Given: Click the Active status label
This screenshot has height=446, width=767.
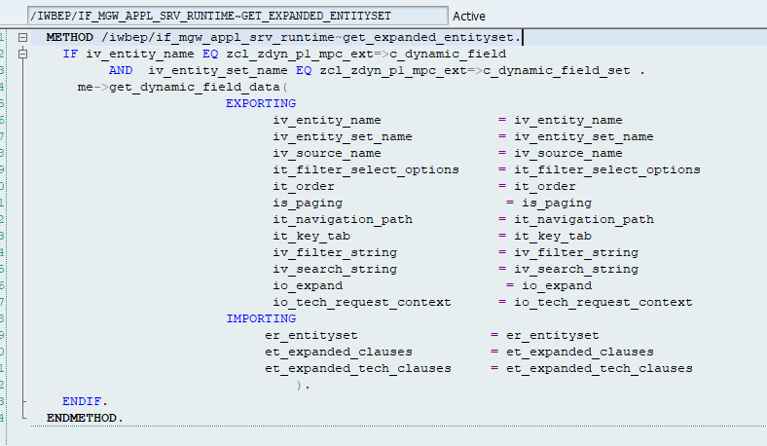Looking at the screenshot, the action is (x=469, y=17).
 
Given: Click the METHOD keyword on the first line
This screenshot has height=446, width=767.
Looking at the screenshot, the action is (x=69, y=37).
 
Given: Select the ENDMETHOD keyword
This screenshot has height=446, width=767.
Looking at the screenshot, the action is (x=85, y=418).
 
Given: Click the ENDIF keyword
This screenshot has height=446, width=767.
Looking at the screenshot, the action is (x=85, y=401).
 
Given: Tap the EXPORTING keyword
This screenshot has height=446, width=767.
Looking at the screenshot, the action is (x=261, y=103).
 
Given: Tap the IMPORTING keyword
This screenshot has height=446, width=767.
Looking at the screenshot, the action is (x=261, y=318).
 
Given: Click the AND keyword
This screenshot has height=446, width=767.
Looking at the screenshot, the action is (x=121, y=70).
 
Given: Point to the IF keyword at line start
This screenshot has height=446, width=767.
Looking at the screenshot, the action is (x=70, y=54).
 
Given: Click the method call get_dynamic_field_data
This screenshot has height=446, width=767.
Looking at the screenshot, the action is (x=194, y=87).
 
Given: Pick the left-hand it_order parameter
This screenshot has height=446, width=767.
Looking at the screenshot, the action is (x=304, y=186).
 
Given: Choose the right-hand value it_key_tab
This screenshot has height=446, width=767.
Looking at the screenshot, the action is (x=552, y=236).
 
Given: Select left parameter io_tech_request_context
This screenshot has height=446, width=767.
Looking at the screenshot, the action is (x=362, y=302).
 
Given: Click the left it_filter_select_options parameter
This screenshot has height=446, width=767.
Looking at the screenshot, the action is (x=366, y=169).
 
